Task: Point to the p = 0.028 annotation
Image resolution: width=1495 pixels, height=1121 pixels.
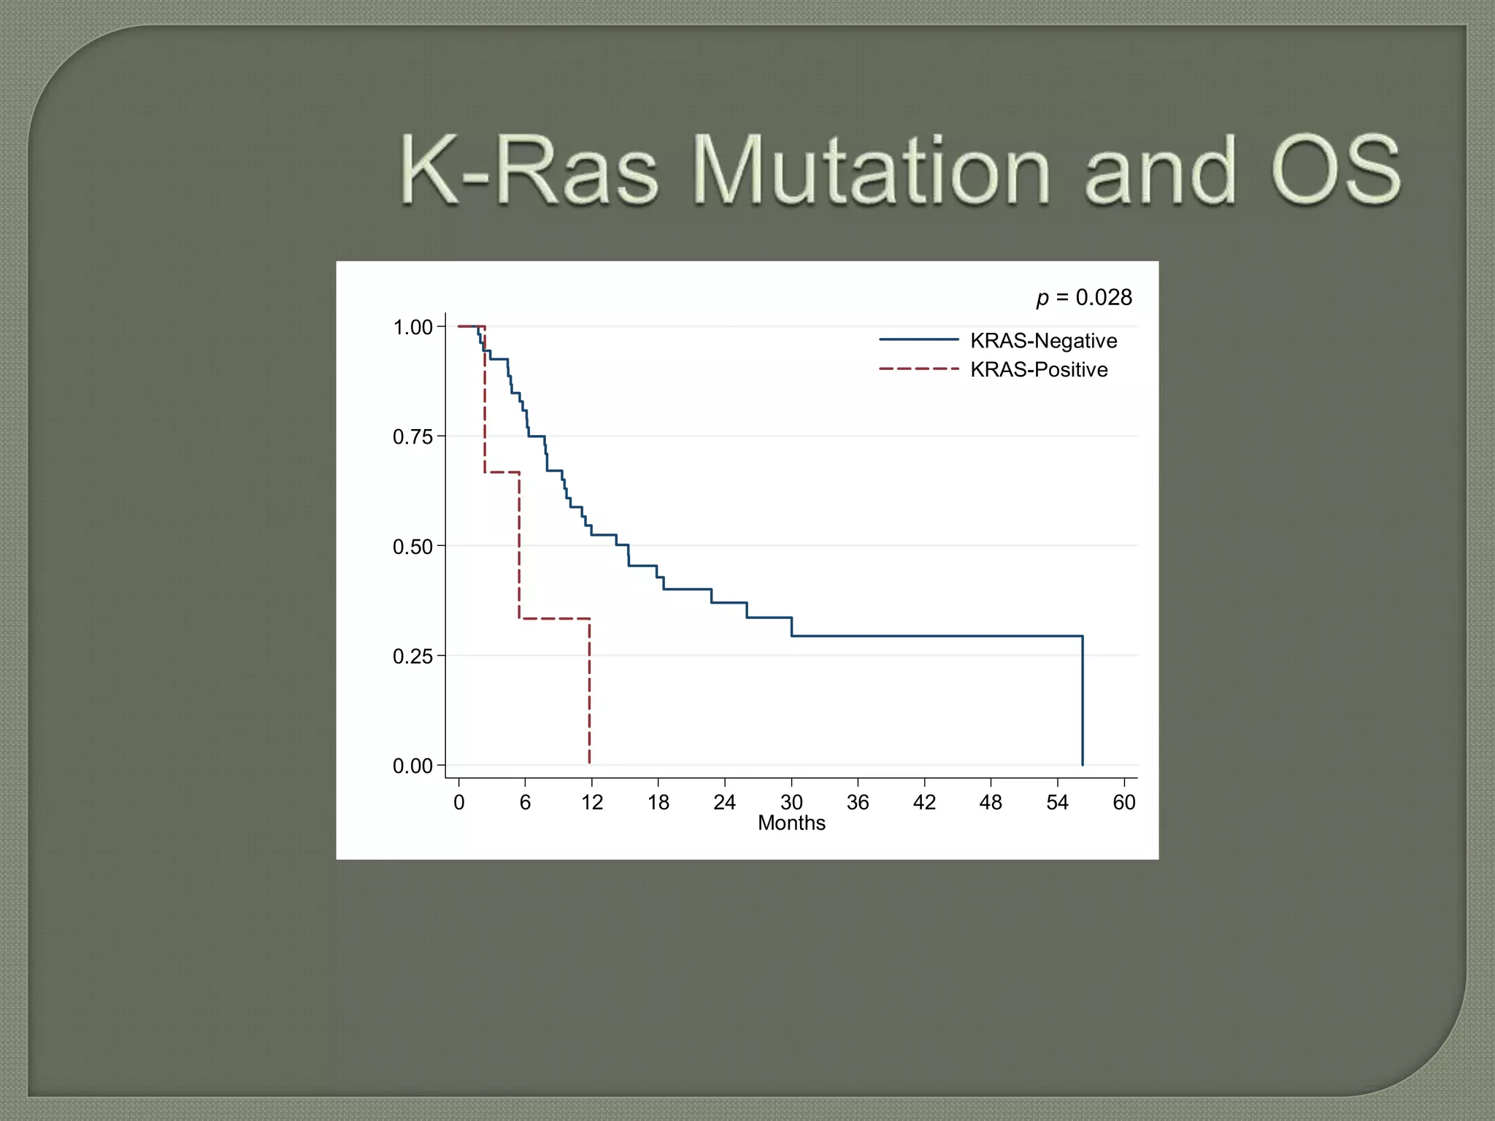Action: [x=1084, y=297]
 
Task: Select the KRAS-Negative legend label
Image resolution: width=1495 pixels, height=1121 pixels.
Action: [x=1043, y=341]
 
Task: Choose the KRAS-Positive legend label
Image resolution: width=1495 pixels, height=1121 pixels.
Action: [x=1038, y=369]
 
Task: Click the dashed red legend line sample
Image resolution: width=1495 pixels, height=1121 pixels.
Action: [x=918, y=369]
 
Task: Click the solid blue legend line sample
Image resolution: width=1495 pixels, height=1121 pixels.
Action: [x=918, y=339]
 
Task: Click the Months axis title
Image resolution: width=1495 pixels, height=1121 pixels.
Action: [x=791, y=823]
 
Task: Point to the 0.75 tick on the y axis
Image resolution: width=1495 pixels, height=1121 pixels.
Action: [x=412, y=437]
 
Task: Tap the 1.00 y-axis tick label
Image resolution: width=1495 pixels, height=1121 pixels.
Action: [x=412, y=327]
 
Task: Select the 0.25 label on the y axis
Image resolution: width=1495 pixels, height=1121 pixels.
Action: [x=412, y=656]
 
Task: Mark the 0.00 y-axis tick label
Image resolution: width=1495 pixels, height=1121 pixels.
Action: [x=412, y=766]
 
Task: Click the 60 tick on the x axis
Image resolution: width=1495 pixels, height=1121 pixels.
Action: [x=1123, y=803]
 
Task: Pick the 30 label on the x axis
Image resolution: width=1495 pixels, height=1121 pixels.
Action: [x=791, y=803]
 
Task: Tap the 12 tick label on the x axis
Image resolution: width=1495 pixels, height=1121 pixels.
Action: [x=591, y=803]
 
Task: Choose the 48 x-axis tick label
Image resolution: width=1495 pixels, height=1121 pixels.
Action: [x=991, y=803]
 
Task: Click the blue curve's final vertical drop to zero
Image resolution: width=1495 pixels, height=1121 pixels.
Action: [x=1082, y=701]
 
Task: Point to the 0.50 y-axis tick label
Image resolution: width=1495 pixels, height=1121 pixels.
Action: [x=412, y=547]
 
